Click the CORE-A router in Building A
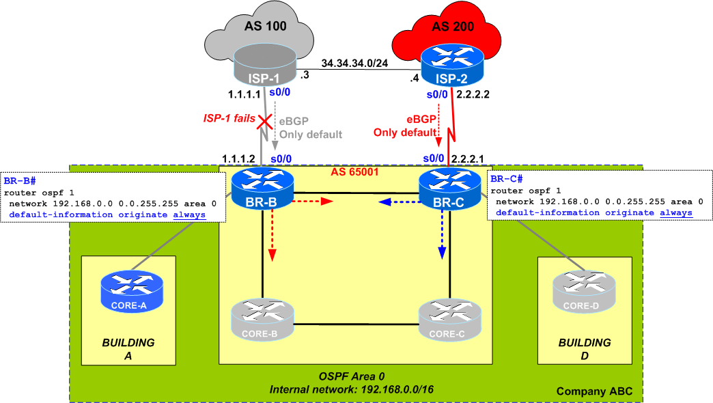click(x=132, y=291)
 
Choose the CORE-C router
click(x=449, y=318)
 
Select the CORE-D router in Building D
click(x=583, y=291)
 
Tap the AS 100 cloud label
click(x=265, y=27)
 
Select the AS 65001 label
click(x=355, y=172)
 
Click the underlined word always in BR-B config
click(x=188, y=214)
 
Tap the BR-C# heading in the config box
click(x=505, y=180)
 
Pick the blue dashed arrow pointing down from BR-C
click(x=442, y=235)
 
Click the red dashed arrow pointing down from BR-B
click(x=272, y=235)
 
